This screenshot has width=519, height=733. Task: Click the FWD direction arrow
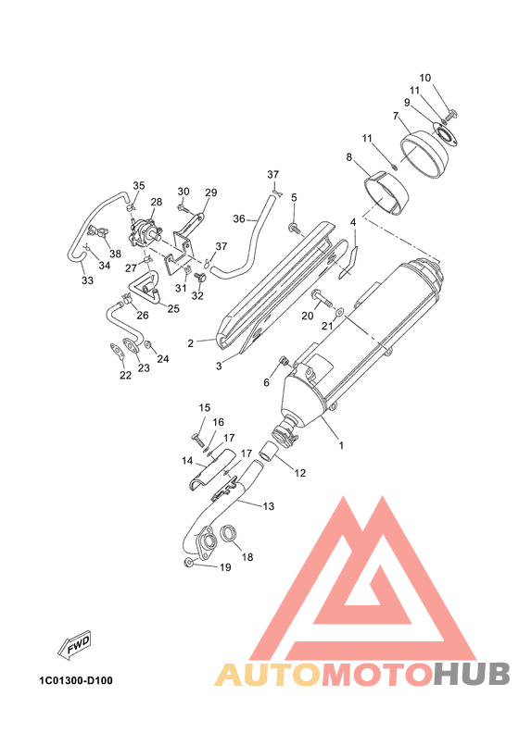coord(74,646)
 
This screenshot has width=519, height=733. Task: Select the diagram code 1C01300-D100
coord(76,680)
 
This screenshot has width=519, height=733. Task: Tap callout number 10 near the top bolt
coord(425,78)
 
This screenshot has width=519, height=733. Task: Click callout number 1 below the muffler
coord(341,445)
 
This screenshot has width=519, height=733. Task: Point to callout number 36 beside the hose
coord(239,218)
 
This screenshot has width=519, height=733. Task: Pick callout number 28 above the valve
coord(157,202)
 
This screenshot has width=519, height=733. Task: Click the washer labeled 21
coord(340,310)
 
